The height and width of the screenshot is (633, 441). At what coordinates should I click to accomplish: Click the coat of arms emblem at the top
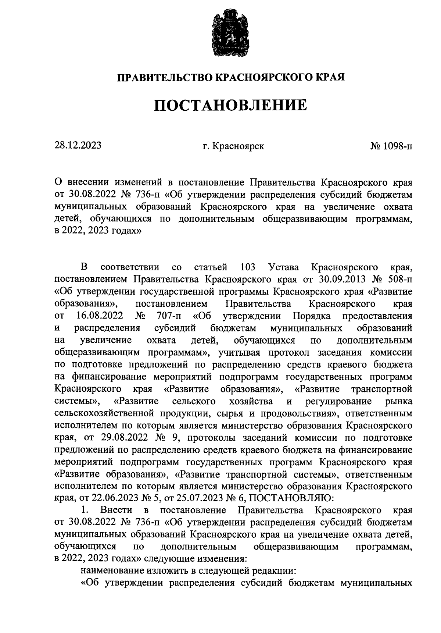pos(230,34)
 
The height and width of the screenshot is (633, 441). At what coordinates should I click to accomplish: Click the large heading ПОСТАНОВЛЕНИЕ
pos(230,106)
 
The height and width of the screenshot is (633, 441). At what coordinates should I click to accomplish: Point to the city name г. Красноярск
pos(233,146)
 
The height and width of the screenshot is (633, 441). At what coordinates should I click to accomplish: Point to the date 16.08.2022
pos(100,316)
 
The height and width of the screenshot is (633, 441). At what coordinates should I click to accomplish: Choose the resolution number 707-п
pos(169,316)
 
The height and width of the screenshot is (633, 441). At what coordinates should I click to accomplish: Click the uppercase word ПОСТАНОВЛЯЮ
pos(292,499)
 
